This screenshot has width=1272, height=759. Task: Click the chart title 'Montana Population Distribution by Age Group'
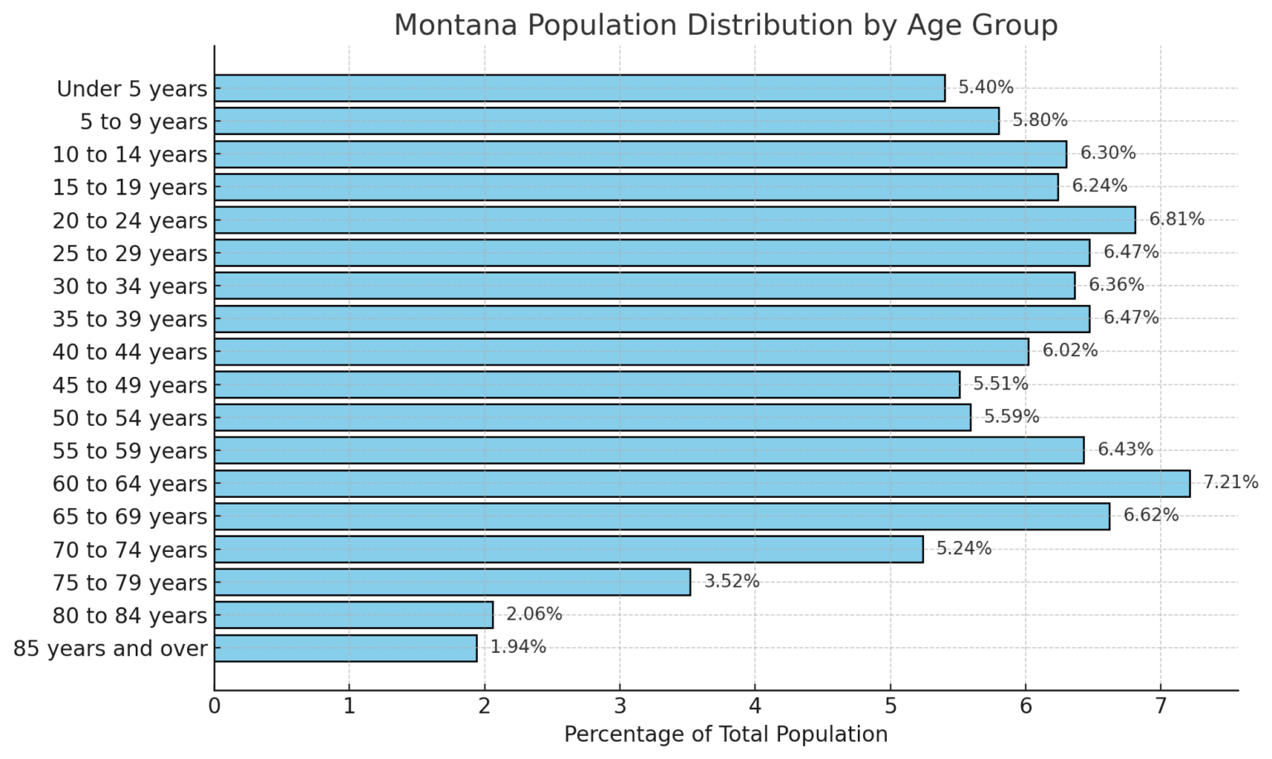[x=725, y=25]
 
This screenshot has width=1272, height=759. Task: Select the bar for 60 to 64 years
[x=701, y=483]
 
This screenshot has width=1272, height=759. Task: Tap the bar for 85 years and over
[x=345, y=648]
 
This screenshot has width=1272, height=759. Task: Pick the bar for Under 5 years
[x=579, y=88]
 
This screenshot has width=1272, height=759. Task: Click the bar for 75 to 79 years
[x=452, y=582]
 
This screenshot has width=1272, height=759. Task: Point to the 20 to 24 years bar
[x=674, y=220]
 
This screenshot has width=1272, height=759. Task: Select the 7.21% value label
[x=1231, y=482]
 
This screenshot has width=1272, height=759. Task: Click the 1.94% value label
[x=518, y=647]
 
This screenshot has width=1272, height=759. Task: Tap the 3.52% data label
[x=732, y=581]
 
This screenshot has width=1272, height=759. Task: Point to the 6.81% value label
[x=1177, y=220]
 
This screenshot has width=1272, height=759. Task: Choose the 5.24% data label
[x=964, y=549]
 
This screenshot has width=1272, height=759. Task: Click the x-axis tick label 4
[x=755, y=707]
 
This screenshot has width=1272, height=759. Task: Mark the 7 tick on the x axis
[x=1160, y=707]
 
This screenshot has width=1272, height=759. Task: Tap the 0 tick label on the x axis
[x=214, y=707]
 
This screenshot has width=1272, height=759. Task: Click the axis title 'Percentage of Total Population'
[x=725, y=735]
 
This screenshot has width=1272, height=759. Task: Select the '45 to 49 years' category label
[x=130, y=385]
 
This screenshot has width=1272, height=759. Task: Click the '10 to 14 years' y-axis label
[x=130, y=155]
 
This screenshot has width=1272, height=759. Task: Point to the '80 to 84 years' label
[x=130, y=616]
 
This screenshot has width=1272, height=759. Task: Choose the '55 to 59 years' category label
[x=130, y=451]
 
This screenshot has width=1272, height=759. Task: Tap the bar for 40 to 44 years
[x=621, y=351]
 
